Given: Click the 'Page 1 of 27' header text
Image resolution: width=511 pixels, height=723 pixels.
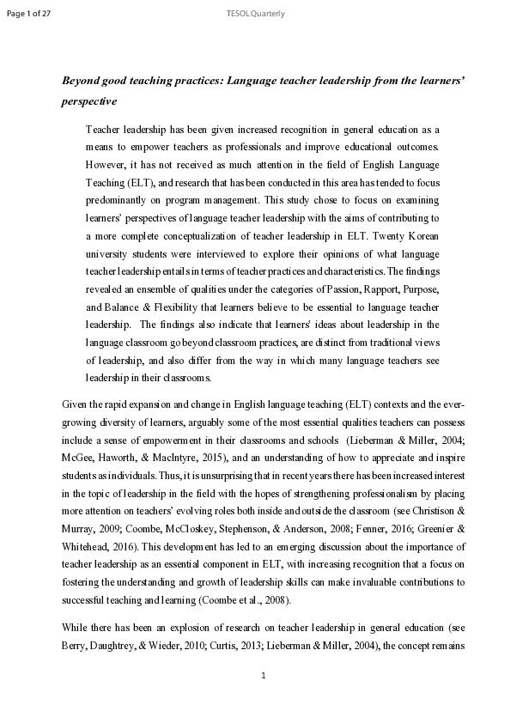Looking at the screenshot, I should (28, 14).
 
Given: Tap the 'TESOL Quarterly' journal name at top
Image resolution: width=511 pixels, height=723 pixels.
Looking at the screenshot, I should (255, 14).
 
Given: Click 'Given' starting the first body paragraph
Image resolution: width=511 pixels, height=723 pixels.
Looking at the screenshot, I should (76, 404).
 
